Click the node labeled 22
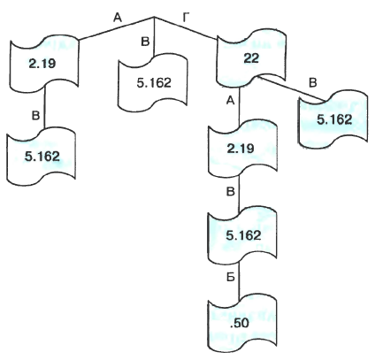point(251,58)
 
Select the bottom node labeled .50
point(242,324)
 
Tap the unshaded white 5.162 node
point(154,83)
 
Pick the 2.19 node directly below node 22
point(242,149)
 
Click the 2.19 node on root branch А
point(44,64)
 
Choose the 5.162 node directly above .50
point(242,235)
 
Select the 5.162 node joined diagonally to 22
point(333,120)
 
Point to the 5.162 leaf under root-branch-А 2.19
point(42,157)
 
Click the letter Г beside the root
point(186,19)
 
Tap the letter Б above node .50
point(230,278)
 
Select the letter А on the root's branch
point(118,19)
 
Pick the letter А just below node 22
point(230,101)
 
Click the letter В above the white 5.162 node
point(145,42)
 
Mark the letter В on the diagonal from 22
point(313,83)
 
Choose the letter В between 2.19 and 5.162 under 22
point(231,192)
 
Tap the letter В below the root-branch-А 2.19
point(35,116)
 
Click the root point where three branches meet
point(155,17)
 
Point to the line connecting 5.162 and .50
point(239,280)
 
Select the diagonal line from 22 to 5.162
point(290,88)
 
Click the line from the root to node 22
point(186,28)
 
